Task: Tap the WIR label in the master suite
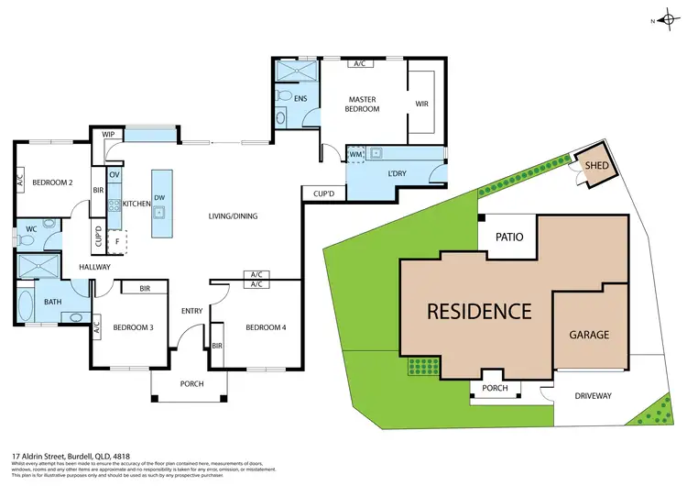pyautogui.click(x=421, y=105)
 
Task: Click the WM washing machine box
pyautogui.click(x=355, y=154)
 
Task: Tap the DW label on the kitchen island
pyautogui.click(x=160, y=197)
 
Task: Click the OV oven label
pyautogui.click(x=114, y=174)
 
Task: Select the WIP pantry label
pyautogui.click(x=108, y=135)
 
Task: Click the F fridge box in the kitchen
pyautogui.click(x=117, y=242)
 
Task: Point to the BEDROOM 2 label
pyautogui.click(x=52, y=182)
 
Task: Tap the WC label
pyautogui.click(x=31, y=228)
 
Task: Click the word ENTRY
pyautogui.click(x=191, y=311)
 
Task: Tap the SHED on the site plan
pyautogui.click(x=596, y=166)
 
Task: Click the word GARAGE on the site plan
pyautogui.click(x=589, y=335)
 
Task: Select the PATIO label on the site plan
pyautogui.click(x=509, y=237)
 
